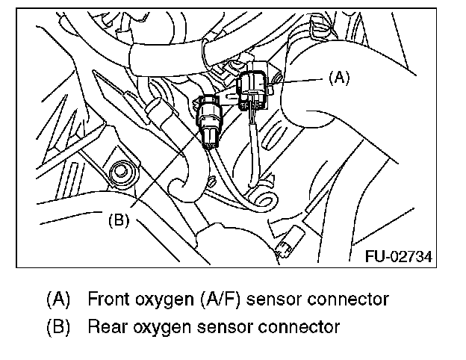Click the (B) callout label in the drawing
pyautogui.click(x=120, y=220)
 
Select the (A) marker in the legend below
pyautogui.click(x=58, y=300)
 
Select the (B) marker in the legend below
pyautogui.click(x=58, y=326)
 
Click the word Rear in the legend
pyautogui.click(x=104, y=326)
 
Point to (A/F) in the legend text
pyautogui.click(x=222, y=300)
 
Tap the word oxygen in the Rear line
pyautogui.click(x=159, y=327)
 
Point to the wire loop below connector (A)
pyautogui.click(x=261, y=197)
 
